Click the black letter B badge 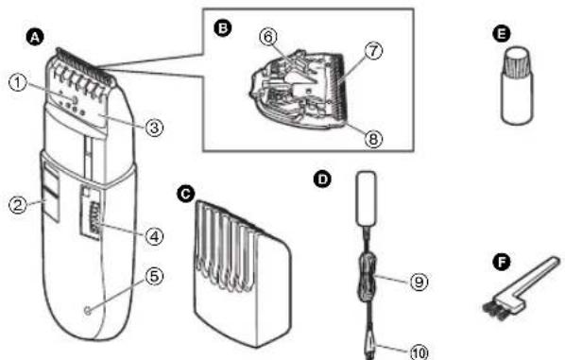coord(224,29)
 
